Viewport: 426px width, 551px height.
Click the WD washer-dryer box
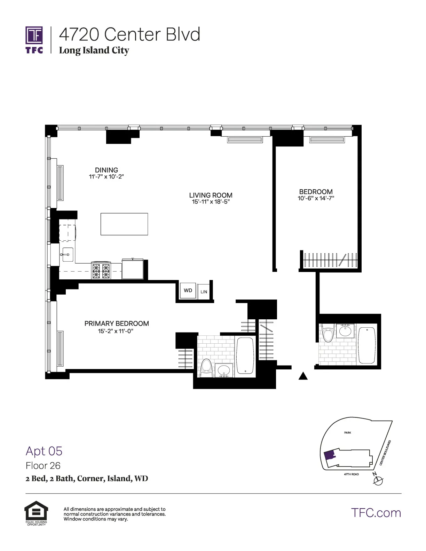[x=188, y=290]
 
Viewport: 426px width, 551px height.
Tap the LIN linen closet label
[x=204, y=292]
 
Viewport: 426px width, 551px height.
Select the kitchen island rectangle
[x=124, y=224]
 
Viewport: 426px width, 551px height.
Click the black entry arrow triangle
[x=303, y=376]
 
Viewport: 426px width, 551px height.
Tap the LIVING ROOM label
[x=211, y=195]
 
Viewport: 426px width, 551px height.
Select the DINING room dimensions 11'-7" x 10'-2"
[x=106, y=177]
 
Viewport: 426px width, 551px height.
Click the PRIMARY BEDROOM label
[x=117, y=324]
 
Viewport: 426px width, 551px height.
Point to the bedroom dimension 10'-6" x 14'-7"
[x=316, y=198]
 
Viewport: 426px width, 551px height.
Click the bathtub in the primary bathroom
[x=245, y=356]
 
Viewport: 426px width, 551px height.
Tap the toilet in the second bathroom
[x=328, y=333]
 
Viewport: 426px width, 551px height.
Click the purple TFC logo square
[x=34, y=35]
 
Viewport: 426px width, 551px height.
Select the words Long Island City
[x=94, y=50]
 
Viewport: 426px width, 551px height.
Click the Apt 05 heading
[x=44, y=451]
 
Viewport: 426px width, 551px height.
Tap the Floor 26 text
[x=43, y=465]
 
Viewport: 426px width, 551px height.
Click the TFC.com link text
[x=376, y=513]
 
